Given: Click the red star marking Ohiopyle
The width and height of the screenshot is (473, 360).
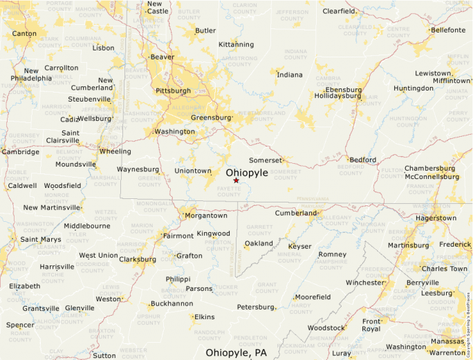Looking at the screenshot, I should (236, 180).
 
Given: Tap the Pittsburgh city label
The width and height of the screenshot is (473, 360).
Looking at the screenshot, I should (173, 91).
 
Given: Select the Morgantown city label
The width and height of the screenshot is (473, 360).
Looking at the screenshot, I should (205, 216).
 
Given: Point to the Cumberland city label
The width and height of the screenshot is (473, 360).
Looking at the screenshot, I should (295, 213).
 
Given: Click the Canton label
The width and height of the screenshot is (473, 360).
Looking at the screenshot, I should (24, 33).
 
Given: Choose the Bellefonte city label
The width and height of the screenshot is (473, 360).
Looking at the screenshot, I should (447, 30).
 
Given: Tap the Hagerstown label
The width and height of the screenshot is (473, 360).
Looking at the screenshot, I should (435, 218).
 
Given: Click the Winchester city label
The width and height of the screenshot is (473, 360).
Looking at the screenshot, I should (364, 283).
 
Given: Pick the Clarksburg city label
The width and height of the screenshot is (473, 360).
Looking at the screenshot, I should (138, 260).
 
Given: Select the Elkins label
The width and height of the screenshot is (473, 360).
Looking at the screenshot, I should (203, 317).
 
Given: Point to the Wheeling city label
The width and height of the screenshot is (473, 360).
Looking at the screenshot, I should (115, 151).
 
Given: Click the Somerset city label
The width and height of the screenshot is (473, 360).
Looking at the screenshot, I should (266, 160).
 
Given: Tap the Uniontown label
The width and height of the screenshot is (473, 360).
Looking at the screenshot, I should (193, 171).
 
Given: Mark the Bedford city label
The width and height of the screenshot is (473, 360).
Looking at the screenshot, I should (362, 160).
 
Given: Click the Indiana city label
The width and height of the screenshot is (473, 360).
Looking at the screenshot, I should (290, 75).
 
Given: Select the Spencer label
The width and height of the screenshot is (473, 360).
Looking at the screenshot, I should (20, 325).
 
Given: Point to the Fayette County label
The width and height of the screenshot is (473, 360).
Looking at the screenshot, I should (229, 191).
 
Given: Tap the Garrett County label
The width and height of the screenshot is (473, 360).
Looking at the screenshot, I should (260, 229).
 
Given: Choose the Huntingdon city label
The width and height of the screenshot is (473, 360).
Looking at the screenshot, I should (414, 88).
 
